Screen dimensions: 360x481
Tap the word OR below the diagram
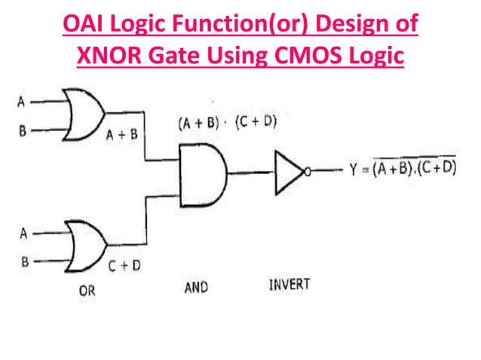point(87,291)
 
